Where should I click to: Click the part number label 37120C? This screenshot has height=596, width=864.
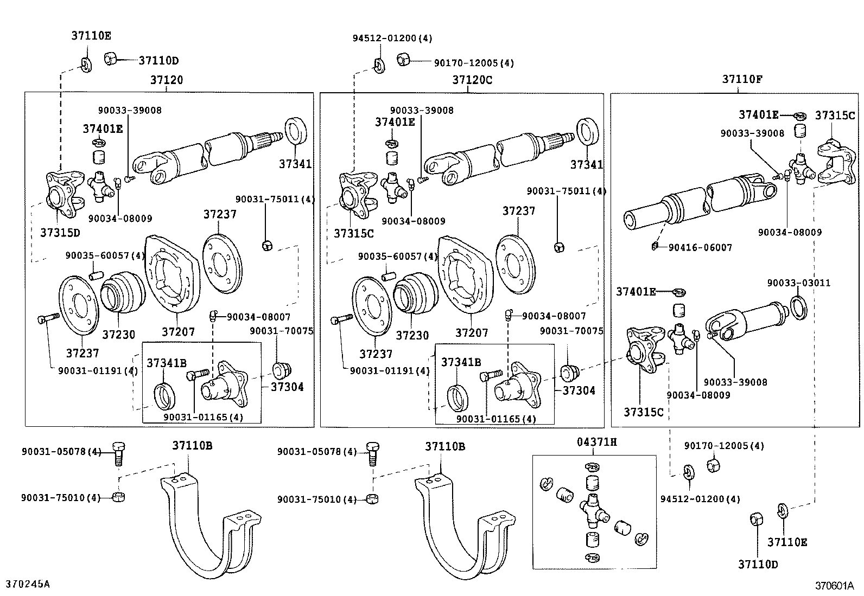click(472, 80)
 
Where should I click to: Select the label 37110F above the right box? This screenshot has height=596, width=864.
click(742, 79)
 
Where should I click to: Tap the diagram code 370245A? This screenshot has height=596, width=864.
click(28, 584)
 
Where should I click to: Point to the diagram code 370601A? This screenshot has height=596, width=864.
click(834, 586)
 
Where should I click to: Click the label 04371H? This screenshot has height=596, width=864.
click(596, 442)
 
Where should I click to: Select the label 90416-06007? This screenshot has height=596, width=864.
click(700, 247)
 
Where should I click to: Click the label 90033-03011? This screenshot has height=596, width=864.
click(798, 283)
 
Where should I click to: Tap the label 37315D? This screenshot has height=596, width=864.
click(60, 233)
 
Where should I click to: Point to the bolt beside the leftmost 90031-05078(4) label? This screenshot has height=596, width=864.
click(118, 453)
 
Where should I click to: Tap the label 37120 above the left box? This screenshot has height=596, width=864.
click(167, 80)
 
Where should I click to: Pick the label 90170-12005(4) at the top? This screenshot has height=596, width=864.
click(473, 63)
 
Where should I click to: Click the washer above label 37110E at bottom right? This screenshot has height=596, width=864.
click(782, 511)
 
